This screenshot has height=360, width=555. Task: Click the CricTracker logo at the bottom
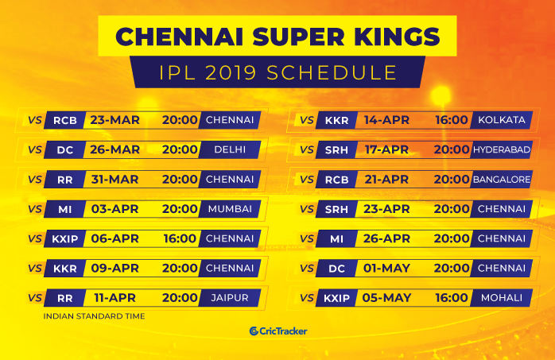(278, 331)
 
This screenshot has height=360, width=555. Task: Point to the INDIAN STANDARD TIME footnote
(94, 316)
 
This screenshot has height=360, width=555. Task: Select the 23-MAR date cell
(114, 120)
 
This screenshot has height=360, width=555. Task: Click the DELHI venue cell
(230, 149)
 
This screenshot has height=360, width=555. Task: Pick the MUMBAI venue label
(230, 209)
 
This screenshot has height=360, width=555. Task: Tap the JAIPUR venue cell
(230, 298)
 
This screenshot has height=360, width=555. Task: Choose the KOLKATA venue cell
(502, 120)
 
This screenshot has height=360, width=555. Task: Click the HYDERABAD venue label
(502, 149)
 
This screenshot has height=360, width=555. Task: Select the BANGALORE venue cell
(502, 180)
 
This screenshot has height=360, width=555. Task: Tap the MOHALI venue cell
(502, 298)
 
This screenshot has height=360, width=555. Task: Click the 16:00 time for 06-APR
(180, 238)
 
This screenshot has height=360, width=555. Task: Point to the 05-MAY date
(386, 298)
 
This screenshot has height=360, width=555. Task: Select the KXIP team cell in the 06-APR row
(64, 238)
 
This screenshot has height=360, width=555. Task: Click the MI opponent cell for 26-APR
(336, 238)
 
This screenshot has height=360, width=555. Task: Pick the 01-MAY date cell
(386, 268)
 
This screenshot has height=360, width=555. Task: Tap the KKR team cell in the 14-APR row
(336, 120)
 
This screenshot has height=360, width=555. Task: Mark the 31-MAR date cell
(114, 180)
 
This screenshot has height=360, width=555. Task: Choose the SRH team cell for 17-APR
(336, 149)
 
